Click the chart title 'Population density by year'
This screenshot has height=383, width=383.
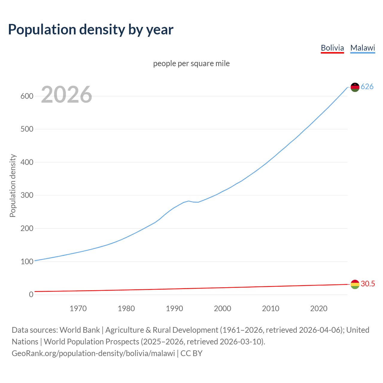point(91,30)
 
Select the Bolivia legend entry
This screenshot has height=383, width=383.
point(332,48)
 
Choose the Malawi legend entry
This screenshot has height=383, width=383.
point(362,48)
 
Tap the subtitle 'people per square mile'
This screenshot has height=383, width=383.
point(191,63)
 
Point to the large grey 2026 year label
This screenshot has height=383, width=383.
point(66,95)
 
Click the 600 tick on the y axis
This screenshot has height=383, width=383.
point(27,96)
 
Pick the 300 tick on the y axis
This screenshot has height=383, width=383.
point(27,195)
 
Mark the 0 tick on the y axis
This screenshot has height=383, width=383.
point(31,294)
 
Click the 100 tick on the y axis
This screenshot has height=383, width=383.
point(27,262)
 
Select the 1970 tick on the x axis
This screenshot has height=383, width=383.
point(78,308)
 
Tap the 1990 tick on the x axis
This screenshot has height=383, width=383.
point(174,308)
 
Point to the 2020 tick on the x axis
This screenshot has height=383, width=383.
point(319,308)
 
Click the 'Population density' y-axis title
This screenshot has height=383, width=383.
point(13,186)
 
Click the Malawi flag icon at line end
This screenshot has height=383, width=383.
point(355,87)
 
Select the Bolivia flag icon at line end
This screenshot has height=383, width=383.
point(355,284)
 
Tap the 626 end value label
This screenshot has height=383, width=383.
point(367,86)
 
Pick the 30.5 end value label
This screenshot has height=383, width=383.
point(368,284)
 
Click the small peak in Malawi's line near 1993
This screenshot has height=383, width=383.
point(189,201)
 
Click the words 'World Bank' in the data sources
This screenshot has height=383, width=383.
point(80,330)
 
